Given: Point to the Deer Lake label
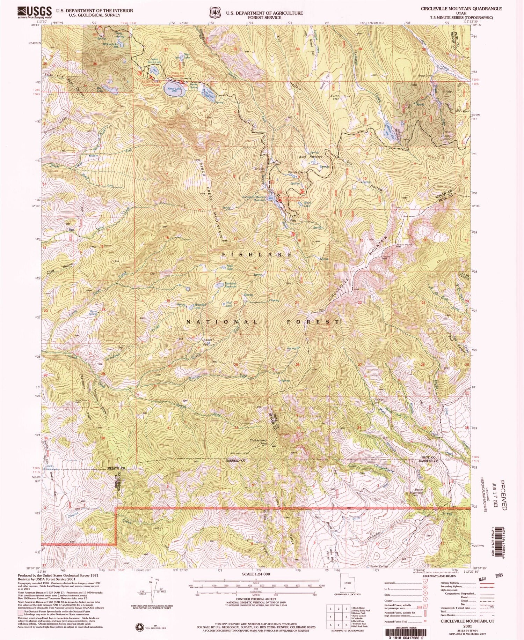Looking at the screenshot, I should coord(187,58).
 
